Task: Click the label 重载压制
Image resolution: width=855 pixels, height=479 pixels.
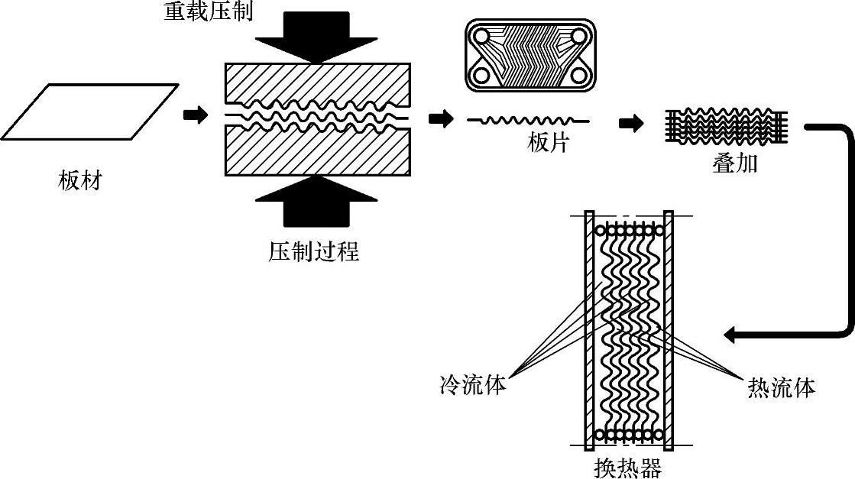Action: (x=209, y=11)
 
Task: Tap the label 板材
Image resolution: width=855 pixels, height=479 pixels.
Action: (x=80, y=180)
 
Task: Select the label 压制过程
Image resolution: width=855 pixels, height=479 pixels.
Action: (x=313, y=252)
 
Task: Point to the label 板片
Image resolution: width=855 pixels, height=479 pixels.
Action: (x=548, y=143)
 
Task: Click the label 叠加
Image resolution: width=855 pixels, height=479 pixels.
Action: (x=734, y=163)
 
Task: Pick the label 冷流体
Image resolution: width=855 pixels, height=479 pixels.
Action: (x=473, y=385)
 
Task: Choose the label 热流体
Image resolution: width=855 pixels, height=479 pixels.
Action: (x=782, y=388)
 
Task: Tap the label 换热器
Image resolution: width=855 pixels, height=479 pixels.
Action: (x=628, y=468)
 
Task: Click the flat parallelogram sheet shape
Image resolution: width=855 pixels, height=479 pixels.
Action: (x=90, y=112)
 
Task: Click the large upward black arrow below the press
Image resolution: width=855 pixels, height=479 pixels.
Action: (x=316, y=200)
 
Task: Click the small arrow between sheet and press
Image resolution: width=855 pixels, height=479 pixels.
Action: (x=195, y=115)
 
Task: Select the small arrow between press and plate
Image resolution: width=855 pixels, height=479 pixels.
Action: (x=441, y=118)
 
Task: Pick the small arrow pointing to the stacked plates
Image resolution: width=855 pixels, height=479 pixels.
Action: (x=631, y=124)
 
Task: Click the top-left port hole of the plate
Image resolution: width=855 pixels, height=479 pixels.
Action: (x=481, y=37)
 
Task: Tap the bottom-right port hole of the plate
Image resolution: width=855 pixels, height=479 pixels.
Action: (x=578, y=74)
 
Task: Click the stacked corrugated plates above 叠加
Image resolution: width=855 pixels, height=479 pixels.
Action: (x=727, y=126)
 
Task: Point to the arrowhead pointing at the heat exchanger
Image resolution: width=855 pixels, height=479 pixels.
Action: (x=730, y=335)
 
